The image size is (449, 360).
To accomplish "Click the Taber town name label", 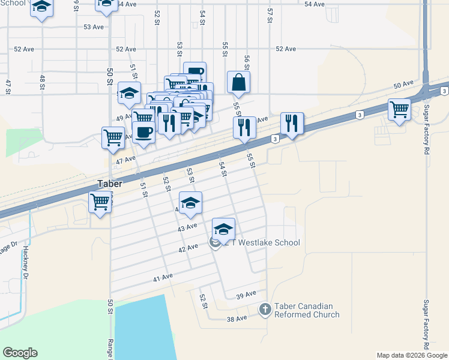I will point(110,184).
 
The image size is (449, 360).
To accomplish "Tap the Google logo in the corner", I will point(20,353).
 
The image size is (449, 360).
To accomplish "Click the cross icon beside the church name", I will point(265,310).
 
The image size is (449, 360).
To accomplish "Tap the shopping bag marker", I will point(239,83).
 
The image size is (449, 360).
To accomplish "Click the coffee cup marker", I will point(143,132).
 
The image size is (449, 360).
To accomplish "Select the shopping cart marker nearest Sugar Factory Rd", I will point(399,110).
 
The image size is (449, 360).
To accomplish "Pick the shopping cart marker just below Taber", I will point(100,202).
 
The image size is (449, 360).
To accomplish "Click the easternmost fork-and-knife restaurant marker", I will point(292,124).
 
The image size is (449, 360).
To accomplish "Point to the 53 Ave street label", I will point(94,27).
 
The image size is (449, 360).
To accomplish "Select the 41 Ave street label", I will point(163,277).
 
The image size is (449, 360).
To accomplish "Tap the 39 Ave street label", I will point(246,295).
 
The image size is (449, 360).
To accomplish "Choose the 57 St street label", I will point(270,16).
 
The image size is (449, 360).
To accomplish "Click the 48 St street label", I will point(43,82).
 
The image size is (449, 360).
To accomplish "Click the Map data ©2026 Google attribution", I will point(412,355).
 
